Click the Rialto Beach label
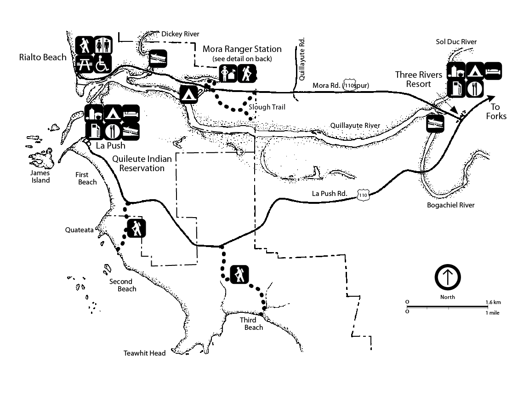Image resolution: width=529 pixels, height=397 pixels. click(x=43, y=58)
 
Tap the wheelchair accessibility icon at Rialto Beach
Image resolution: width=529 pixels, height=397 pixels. click(x=103, y=64)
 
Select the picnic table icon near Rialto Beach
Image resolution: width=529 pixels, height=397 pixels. click(x=84, y=64)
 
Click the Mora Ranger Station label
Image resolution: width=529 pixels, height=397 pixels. click(x=242, y=49)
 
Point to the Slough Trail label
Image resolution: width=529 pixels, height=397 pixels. click(x=267, y=108)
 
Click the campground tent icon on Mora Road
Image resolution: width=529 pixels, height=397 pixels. click(x=188, y=94)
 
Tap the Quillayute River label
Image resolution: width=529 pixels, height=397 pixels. click(x=355, y=125)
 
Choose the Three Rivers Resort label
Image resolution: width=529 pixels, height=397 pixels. click(x=418, y=79)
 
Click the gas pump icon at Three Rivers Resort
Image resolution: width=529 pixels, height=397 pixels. click(x=456, y=89)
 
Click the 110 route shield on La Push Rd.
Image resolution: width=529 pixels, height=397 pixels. click(x=363, y=196)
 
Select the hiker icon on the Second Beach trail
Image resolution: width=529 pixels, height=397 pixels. click(x=137, y=228)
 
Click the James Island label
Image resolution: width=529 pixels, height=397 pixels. click(x=40, y=177)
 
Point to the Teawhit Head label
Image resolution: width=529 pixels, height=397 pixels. click(x=144, y=353)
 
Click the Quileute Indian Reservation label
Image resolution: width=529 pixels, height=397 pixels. click(x=142, y=164)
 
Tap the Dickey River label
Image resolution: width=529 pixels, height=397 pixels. click(x=180, y=34)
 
